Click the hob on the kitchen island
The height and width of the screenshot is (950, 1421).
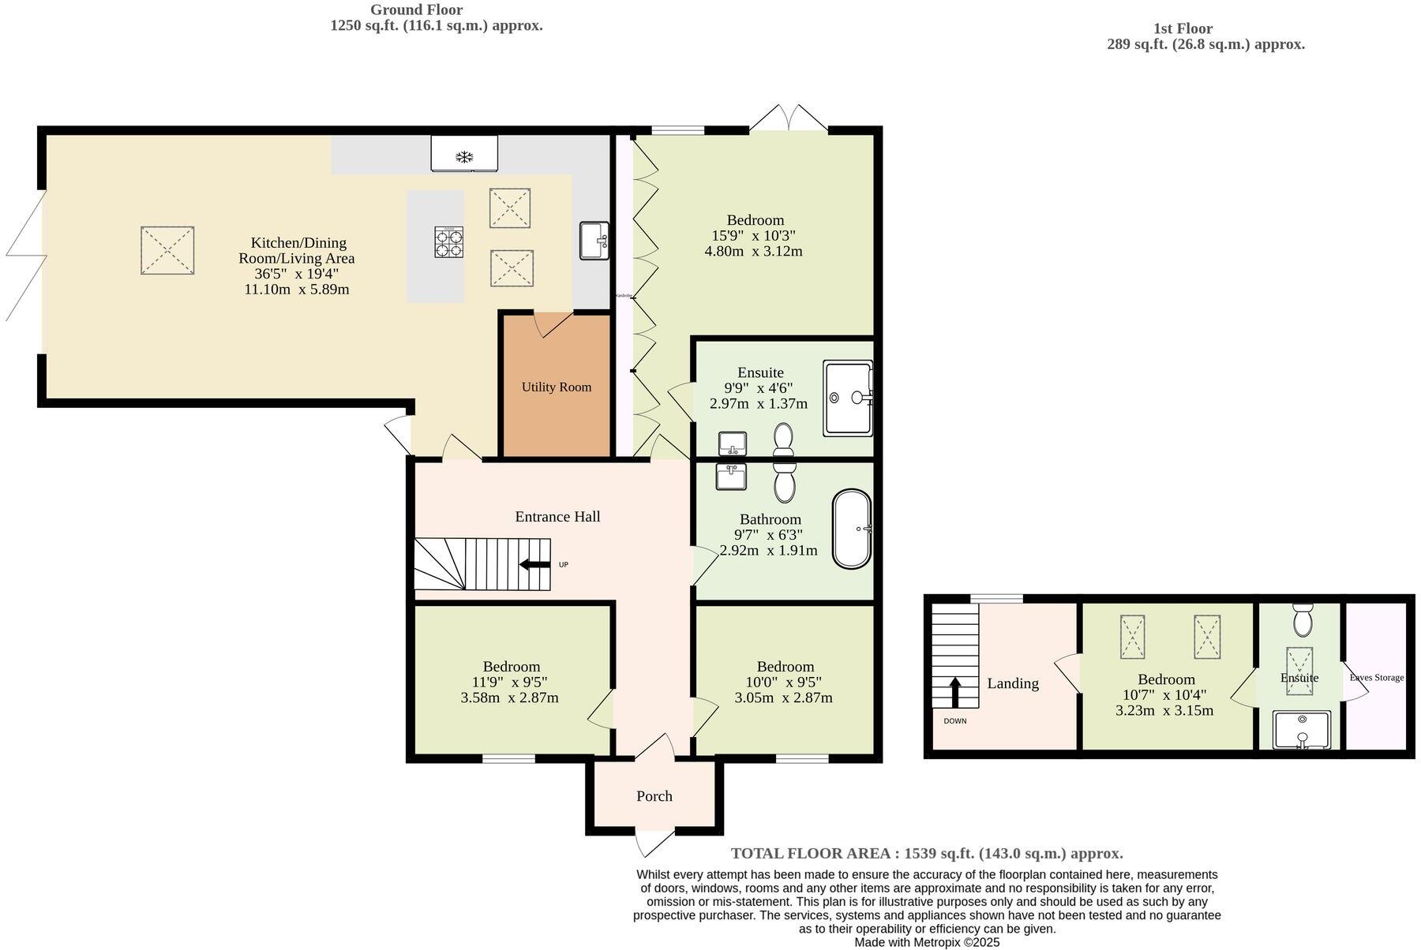[x=448, y=242]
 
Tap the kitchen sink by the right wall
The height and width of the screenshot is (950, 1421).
[x=594, y=241]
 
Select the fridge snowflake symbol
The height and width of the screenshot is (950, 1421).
[x=464, y=156]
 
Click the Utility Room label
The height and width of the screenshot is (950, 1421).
[x=556, y=387]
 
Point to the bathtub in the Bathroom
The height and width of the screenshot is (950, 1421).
[x=852, y=529]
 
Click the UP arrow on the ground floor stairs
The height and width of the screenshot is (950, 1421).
[x=535, y=564]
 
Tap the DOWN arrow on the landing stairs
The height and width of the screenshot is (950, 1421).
[x=954, y=692]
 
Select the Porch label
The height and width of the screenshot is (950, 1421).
[x=654, y=796]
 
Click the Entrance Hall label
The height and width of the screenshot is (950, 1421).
[x=557, y=517]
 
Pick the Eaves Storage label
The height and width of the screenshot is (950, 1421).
[x=1377, y=677]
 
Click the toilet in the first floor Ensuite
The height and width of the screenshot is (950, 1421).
[x=1303, y=619]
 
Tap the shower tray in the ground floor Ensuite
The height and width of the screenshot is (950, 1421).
[x=848, y=398]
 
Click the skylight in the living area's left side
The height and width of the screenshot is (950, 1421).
[x=167, y=251]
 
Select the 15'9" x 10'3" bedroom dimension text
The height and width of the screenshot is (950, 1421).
[x=754, y=236]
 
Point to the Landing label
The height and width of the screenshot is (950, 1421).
[x=1012, y=683]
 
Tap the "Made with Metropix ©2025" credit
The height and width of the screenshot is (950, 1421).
[x=927, y=942]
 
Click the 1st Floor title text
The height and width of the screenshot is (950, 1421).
[x=1183, y=28]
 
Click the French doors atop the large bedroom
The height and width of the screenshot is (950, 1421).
[x=789, y=118]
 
